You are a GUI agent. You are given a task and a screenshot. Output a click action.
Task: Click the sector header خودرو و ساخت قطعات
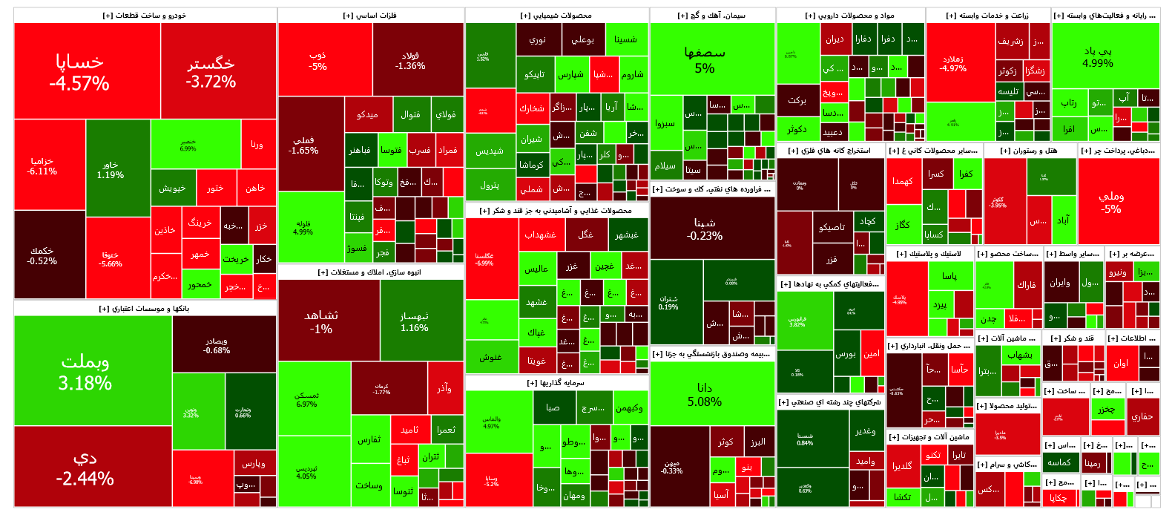(x=145, y=16)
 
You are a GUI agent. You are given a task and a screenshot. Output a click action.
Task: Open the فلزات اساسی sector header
(x=371, y=16)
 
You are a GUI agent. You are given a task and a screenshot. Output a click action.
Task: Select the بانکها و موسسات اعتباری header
(x=145, y=309)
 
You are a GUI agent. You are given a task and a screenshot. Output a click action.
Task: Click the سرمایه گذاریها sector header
(x=556, y=383)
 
